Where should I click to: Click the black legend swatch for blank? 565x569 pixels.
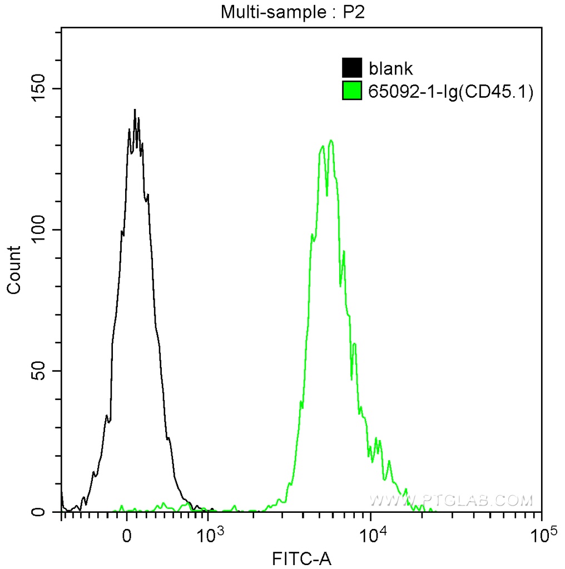[x=351, y=68]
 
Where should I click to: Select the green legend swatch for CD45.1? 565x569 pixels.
[x=351, y=91]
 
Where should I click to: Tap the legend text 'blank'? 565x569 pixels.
[x=390, y=68]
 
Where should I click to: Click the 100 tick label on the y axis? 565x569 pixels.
[x=38, y=230]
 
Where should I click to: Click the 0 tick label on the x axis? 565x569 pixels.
[x=127, y=537]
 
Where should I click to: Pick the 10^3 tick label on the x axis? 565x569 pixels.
[x=207, y=536]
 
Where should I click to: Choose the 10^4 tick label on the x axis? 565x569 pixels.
[x=371, y=536]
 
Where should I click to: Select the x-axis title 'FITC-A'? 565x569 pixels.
[x=301, y=558]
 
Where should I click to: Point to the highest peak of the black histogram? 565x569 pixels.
[x=135, y=110]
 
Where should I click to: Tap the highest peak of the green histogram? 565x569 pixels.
[x=331, y=141]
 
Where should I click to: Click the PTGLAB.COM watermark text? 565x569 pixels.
[x=450, y=500]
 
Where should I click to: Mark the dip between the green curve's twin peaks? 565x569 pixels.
[x=327, y=194]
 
